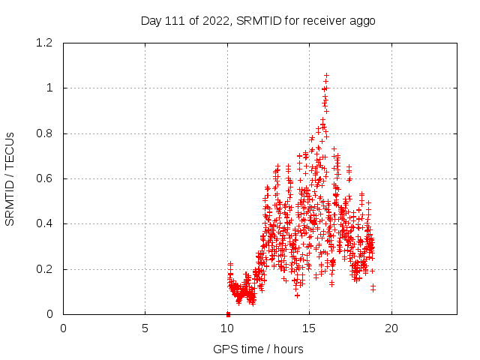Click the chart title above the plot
tap(258, 20)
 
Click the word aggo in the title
tap(361, 21)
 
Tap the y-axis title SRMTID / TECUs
tap(10, 178)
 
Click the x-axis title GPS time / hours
tap(258, 349)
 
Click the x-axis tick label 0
tap(64, 328)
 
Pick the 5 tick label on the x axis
tap(145, 328)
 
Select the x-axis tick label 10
tap(227, 328)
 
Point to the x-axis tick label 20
tap(391, 328)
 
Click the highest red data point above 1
tap(326, 75)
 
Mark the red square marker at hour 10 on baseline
tap(228, 313)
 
